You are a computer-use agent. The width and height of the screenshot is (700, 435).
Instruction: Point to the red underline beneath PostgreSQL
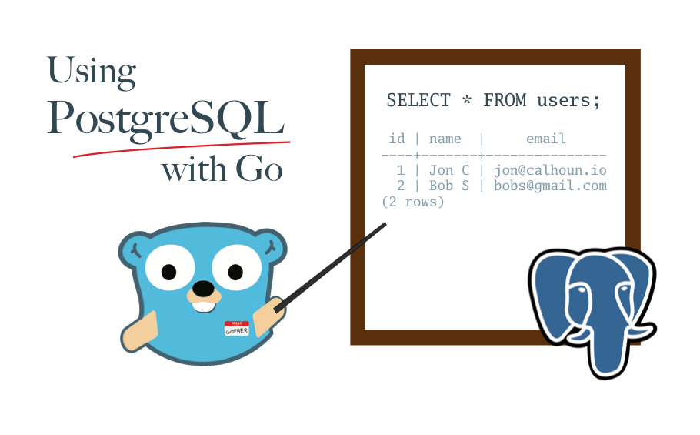(x=181, y=146)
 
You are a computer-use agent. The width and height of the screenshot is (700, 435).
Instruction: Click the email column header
(x=546, y=139)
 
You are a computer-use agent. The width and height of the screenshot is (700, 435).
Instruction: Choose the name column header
(x=445, y=139)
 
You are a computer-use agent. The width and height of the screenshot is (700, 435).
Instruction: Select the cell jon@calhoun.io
(x=550, y=170)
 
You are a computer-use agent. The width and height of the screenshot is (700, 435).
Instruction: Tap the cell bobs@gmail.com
(x=550, y=186)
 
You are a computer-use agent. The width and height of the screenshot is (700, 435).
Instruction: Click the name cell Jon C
(x=449, y=170)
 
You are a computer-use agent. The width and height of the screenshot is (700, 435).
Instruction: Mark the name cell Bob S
(x=449, y=186)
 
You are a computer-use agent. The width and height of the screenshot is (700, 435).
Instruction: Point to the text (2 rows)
(x=413, y=202)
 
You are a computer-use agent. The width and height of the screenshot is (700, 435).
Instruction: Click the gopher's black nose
(x=203, y=289)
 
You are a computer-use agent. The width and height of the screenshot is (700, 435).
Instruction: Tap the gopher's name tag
(x=237, y=329)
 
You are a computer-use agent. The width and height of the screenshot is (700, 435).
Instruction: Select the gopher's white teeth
(x=203, y=306)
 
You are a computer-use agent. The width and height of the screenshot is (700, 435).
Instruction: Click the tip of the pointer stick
(x=384, y=225)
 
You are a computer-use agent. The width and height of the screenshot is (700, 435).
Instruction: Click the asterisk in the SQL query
(x=467, y=100)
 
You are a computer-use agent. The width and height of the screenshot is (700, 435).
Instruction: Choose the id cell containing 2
(x=401, y=186)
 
